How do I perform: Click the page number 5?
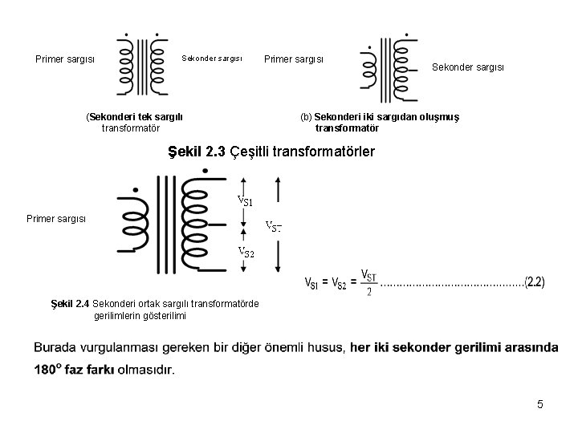point(540,405)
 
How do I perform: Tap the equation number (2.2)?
point(534,282)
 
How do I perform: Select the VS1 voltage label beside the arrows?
point(245,199)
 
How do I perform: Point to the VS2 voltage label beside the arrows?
point(245,253)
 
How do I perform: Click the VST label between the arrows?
point(273,226)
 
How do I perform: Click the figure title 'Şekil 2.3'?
point(196,151)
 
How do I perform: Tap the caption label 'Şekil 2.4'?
point(70,304)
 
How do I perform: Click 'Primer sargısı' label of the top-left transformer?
point(65,59)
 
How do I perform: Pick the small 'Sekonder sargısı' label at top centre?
point(212,58)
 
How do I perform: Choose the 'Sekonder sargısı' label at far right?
point(468,67)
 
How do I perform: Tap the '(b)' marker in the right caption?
point(306,116)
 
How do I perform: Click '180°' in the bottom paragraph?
point(50,370)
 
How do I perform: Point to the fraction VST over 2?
point(368,282)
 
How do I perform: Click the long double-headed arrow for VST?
point(278,225)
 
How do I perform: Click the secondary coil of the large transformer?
point(195,221)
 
